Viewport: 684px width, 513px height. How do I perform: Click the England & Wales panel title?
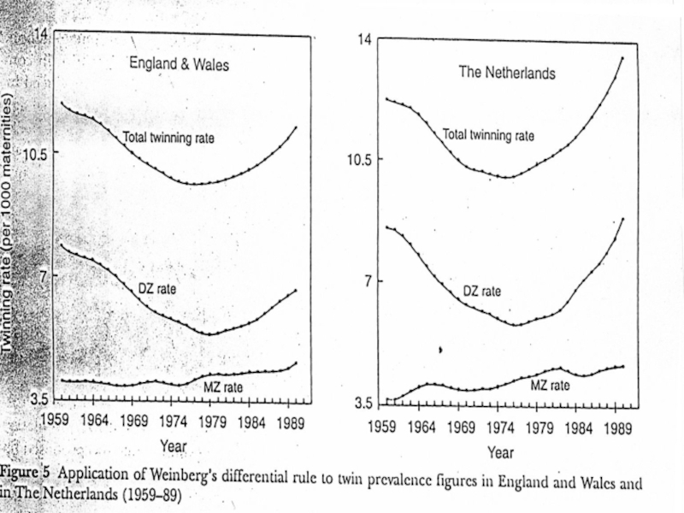point(180,63)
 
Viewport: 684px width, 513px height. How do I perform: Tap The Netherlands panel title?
point(507,73)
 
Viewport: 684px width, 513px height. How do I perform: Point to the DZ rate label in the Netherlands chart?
point(482,291)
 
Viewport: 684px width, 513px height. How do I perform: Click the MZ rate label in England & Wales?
point(223,387)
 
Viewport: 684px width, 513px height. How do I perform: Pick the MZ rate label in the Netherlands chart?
point(550,386)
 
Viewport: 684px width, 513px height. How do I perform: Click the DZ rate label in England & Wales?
point(157,289)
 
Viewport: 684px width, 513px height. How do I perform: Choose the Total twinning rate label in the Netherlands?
point(488,135)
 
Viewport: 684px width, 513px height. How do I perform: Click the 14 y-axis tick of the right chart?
point(364,39)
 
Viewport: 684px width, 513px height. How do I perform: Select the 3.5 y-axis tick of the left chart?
point(40,398)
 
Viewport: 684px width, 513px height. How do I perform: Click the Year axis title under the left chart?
point(173,445)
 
